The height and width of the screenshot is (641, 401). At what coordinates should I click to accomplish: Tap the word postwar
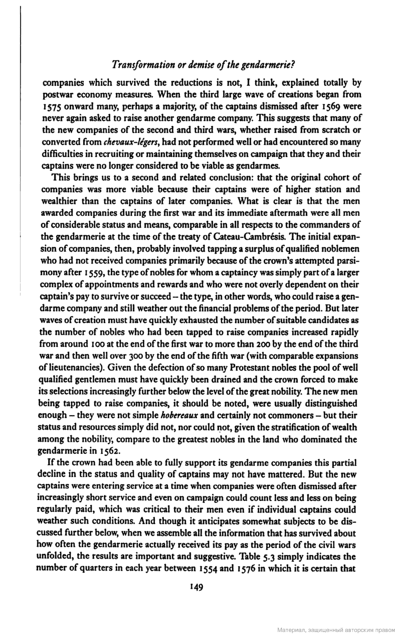coord(54,94)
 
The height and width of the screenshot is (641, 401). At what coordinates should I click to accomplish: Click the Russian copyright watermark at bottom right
coord(336,630)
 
